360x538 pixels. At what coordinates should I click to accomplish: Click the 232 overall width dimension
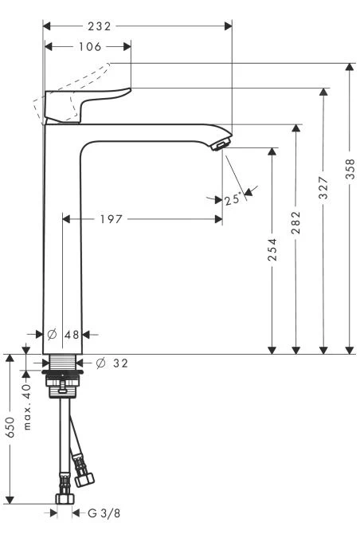click(100, 26)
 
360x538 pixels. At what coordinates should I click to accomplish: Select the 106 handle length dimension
click(90, 47)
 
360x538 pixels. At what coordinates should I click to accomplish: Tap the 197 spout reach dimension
click(112, 219)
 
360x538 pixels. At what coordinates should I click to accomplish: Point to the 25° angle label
click(233, 199)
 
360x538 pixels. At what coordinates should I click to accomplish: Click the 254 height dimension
click(272, 249)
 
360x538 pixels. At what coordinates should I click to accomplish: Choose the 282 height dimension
click(296, 222)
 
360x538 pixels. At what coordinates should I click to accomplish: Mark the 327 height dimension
click(323, 187)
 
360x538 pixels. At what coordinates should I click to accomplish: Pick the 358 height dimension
click(350, 168)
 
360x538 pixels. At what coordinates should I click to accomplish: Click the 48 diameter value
click(72, 335)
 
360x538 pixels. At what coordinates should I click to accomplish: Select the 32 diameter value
click(121, 363)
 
